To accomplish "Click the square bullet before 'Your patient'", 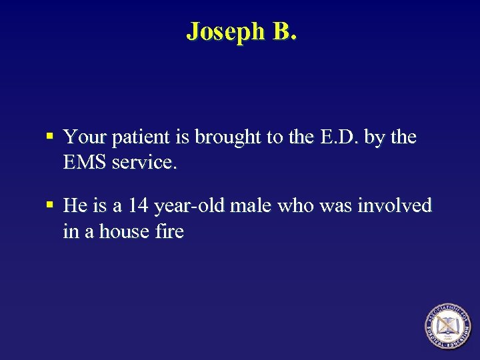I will (51, 137).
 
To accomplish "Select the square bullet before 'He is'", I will (51, 205).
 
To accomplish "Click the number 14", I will (138, 206).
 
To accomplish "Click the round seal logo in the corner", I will (447, 326).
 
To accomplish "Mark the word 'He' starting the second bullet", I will (74, 206).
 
